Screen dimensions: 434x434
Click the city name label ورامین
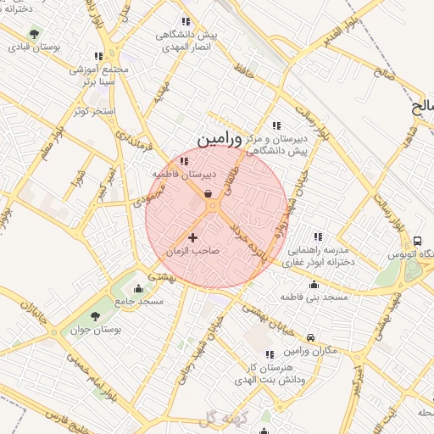point(219,136)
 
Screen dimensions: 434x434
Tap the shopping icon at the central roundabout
point(208,193)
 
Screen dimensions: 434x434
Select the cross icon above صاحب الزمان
point(192,237)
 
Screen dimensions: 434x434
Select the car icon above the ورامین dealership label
point(311,337)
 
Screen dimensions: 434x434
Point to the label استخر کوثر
point(92,111)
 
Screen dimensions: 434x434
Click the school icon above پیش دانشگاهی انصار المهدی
point(186,21)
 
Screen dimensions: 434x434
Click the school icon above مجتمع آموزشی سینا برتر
point(99,56)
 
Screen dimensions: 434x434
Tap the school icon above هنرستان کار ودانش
point(270,354)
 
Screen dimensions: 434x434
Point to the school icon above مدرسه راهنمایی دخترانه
point(317,236)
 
